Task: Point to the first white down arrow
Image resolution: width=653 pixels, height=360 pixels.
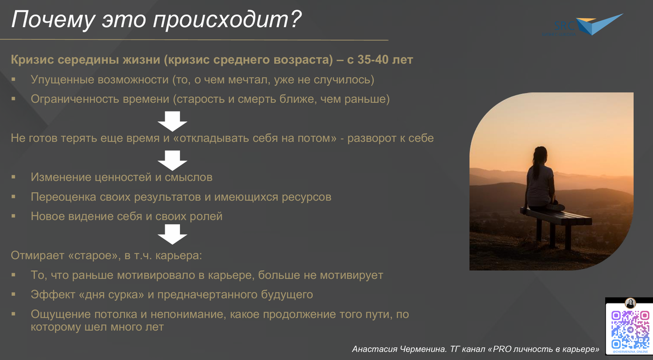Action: [173, 120]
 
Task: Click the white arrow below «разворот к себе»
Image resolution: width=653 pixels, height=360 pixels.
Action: [173, 159]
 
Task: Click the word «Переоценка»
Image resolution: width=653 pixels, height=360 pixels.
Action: [64, 197]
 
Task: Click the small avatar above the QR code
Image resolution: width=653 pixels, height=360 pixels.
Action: [631, 303]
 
